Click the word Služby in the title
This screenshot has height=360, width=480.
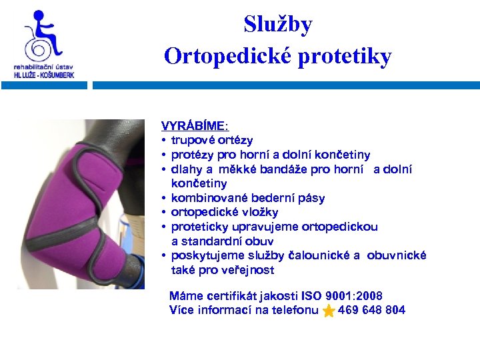pyautogui.click(x=277, y=25)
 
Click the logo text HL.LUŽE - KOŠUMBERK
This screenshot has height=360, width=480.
pyautogui.click(x=44, y=75)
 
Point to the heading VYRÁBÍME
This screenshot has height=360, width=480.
pyautogui.click(x=193, y=125)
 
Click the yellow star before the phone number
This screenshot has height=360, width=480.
pyautogui.click(x=329, y=311)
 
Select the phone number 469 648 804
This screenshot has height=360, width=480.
pyautogui.click(x=371, y=310)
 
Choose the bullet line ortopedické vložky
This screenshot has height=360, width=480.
pyautogui.click(x=224, y=212)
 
